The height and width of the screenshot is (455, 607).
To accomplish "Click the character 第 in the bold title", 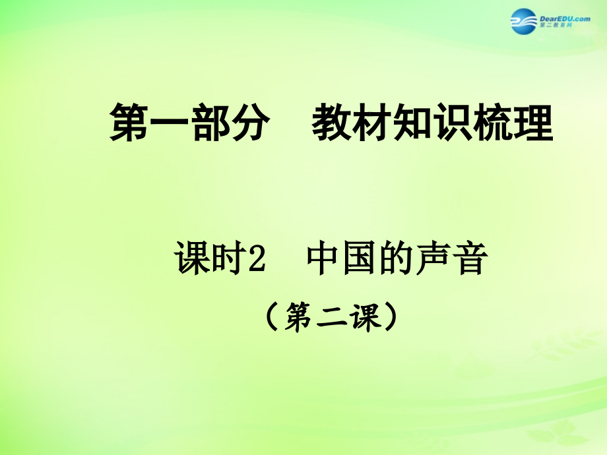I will (x=129, y=123).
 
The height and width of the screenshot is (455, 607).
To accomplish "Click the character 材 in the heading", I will (x=374, y=123).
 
